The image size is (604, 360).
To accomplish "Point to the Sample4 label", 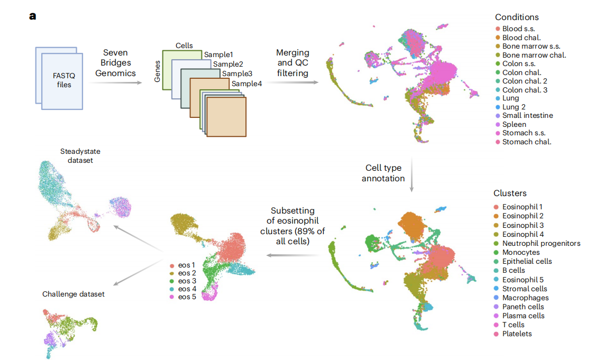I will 246,83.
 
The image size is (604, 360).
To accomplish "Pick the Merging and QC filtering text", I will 292,63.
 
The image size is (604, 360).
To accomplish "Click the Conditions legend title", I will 517,17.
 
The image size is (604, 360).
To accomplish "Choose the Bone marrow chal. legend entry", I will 534,55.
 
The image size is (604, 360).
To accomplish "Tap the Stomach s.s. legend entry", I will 527,133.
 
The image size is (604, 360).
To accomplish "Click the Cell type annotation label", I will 383,173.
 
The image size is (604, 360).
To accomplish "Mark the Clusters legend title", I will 510,193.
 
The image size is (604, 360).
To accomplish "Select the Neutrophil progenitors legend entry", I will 541,244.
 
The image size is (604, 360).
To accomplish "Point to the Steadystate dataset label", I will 76,156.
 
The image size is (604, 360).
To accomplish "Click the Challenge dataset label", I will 74,294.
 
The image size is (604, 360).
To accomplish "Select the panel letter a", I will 33,16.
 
